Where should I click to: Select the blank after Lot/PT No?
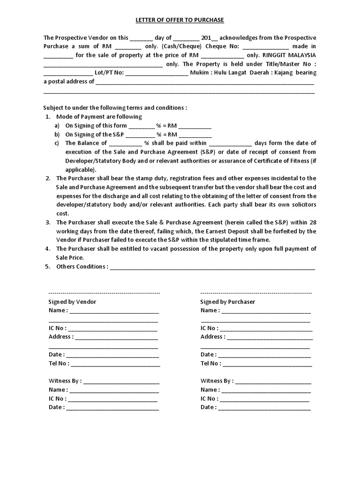point(157,73)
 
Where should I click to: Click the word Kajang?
point(285,73)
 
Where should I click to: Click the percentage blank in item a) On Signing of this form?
point(141,126)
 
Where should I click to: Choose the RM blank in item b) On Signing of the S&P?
point(195,135)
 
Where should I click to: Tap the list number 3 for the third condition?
point(48,222)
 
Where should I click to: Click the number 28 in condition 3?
point(313,222)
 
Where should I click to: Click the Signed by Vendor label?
point(72,302)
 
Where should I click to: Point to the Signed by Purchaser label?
point(227,302)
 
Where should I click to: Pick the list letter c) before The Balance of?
point(57,143)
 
